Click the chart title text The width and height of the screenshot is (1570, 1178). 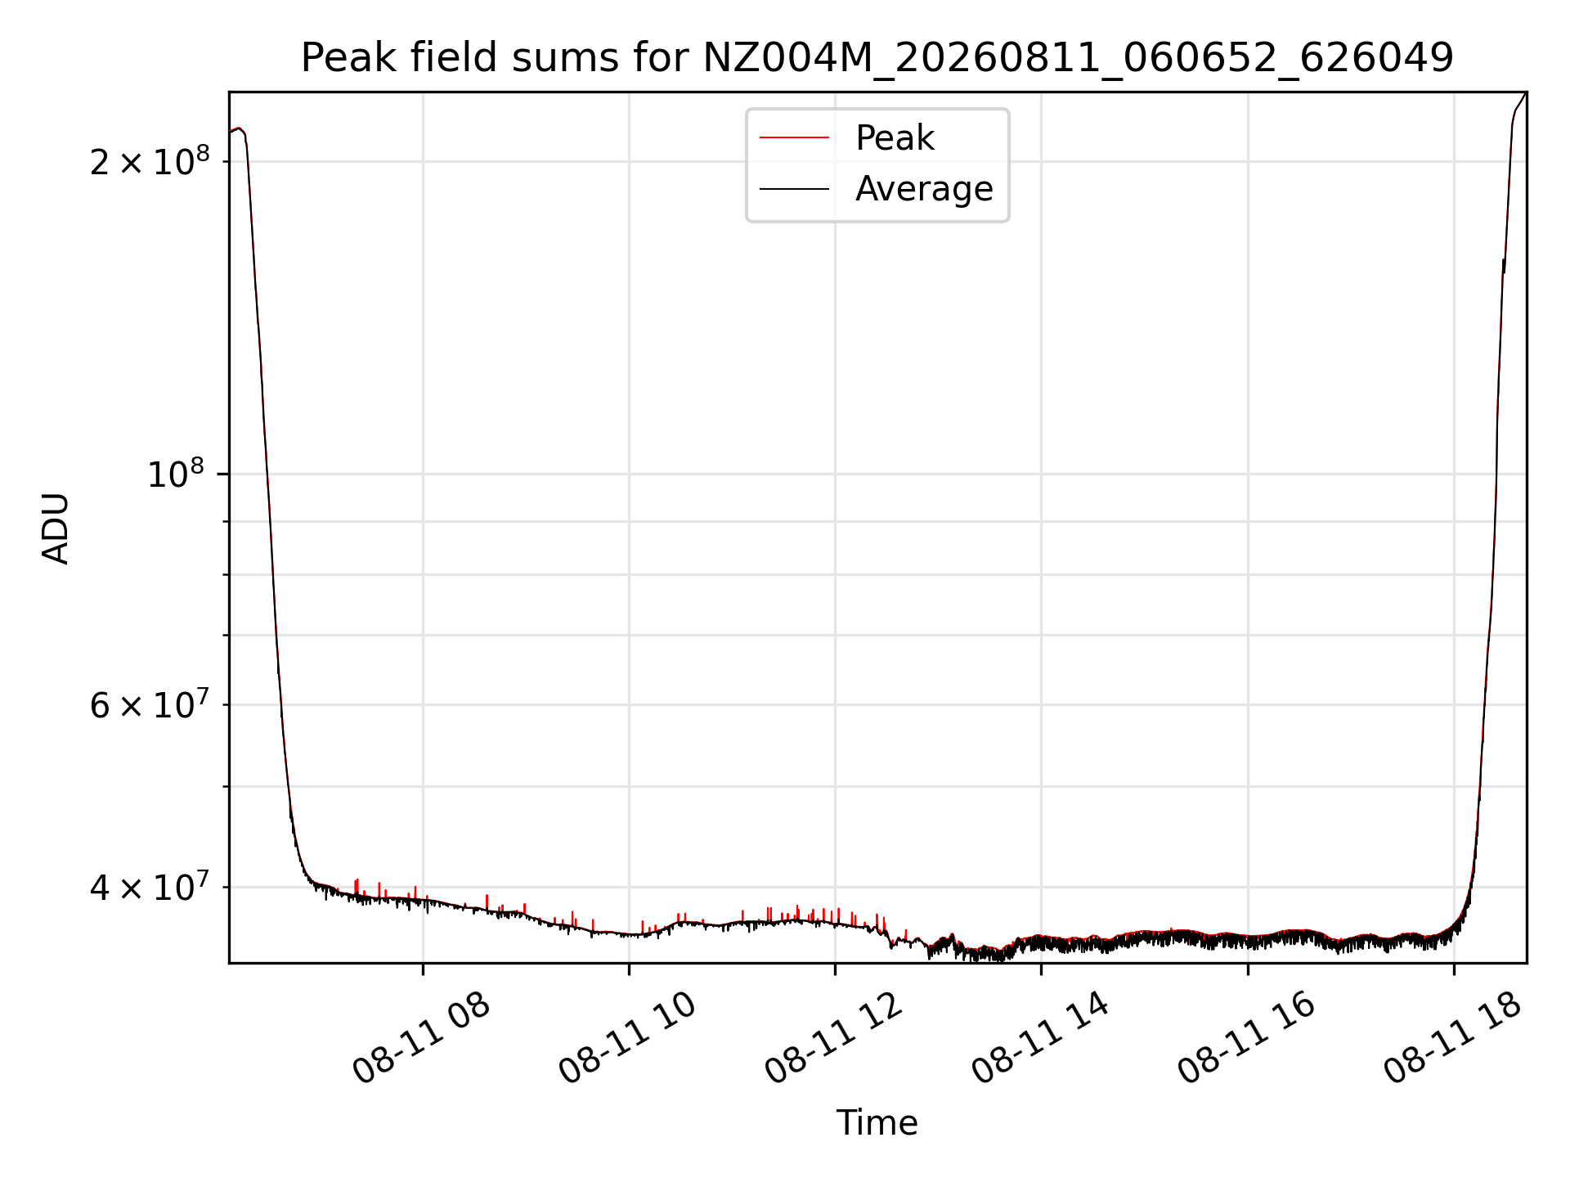(877, 58)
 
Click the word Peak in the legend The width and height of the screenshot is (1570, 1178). (895, 137)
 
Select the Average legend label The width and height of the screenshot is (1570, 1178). (924, 189)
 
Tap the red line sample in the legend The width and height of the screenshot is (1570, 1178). (795, 137)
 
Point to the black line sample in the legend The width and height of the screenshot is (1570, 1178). (795, 189)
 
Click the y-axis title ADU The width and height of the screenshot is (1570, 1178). (56, 528)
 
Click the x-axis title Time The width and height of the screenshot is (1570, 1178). (877, 1122)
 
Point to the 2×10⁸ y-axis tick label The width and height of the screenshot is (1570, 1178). (150, 160)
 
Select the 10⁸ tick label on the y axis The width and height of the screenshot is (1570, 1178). (176, 474)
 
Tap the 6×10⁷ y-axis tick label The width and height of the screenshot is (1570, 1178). (150, 704)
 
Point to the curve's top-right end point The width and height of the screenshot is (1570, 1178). (1526, 93)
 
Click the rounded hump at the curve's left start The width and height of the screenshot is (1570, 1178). (238, 129)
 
